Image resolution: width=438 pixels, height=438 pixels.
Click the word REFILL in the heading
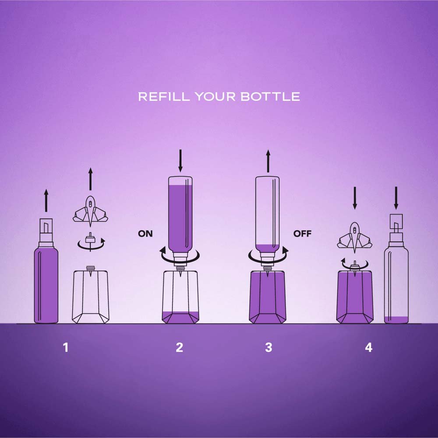coord(164,96)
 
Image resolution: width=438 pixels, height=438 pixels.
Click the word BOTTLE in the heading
coord(270,96)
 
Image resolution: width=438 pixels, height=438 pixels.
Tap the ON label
coord(145,233)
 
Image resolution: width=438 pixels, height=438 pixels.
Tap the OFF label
coord(302,233)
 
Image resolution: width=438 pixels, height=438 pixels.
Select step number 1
coord(66,347)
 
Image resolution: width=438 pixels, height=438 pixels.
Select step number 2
coord(179,347)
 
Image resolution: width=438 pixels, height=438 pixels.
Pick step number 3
coord(268,347)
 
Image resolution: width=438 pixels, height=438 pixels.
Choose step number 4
coord(368,347)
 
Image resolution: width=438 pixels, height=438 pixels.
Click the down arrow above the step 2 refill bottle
coord(180,161)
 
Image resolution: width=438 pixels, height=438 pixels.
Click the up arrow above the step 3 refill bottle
coord(268,161)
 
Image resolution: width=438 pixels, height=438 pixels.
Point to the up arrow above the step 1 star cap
coord(90,179)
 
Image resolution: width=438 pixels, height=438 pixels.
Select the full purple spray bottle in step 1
coord(46,271)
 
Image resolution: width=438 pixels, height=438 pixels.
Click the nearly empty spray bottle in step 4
coord(396,269)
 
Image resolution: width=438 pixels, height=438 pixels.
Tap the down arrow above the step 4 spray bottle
coord(396,198)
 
